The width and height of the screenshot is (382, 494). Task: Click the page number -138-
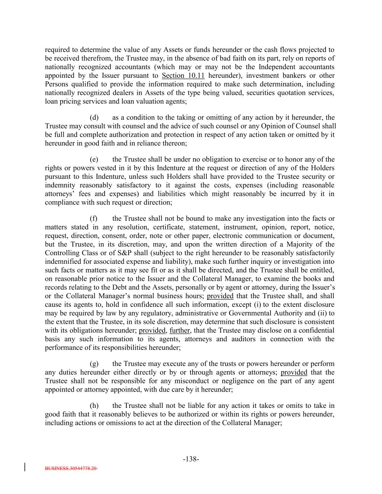(191, 459)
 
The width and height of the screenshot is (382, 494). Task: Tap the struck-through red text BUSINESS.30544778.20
(71, 468)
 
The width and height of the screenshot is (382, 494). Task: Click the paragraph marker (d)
(94, 118)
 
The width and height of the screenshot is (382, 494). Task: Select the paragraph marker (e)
(94, 160)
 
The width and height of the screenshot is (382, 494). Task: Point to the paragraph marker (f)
(94, 219)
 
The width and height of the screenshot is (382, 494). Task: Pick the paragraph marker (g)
(94, 364)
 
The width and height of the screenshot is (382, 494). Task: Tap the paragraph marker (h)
(94, 406)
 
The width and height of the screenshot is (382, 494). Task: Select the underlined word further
(180, 330)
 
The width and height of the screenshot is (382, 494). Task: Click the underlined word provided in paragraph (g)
(294, 372)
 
